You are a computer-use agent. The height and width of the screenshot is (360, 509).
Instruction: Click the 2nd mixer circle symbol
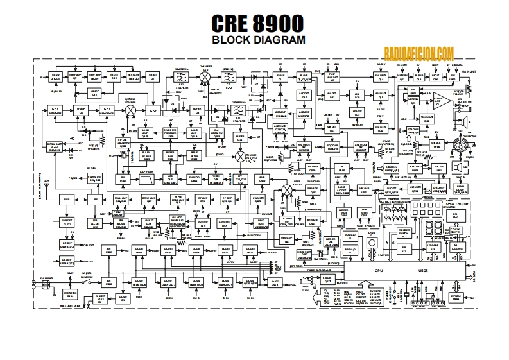(x=206, y=76)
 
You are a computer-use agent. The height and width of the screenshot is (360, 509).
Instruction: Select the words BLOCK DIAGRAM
(x=254, y=40)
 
